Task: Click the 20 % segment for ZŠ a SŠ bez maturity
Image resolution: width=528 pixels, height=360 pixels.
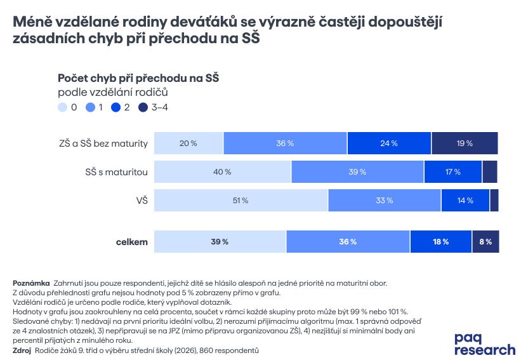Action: pyautogui.click(x=188, y=143)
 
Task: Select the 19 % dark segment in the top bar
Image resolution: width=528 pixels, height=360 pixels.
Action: pyautogui.click(x=465, y=143)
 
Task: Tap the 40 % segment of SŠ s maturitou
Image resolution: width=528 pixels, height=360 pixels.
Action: pyautogui.click(x=223, y=172)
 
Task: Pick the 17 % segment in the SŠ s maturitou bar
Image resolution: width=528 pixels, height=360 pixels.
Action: pyautogui.click(x=453, y=172)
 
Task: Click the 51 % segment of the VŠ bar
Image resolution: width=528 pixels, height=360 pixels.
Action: pyautogui.click(x=241, y=201)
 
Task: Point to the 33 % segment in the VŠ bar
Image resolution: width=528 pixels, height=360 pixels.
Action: pyautogui.click(x=385, y=201)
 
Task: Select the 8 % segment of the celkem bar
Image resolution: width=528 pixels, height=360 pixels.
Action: pyautogui.click(x=485, y=242)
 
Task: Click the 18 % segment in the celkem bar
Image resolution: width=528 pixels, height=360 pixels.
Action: pyautogui.click(x=441, y=242)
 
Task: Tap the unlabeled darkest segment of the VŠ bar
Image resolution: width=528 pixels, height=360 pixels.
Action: pyautogui.click(x=494, y=201)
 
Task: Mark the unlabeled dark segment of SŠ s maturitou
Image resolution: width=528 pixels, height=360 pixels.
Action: pyautogui.click(x=490, y=172)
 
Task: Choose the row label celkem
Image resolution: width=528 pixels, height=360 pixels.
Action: pyautogui.click(x=132, y=242)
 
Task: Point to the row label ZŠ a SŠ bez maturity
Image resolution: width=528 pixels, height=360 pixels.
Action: pyautogui.click(x=103, y=143)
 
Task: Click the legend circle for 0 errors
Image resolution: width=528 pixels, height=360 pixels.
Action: pyautogui.click(x=62, y=108)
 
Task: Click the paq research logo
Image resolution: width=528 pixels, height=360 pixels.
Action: pyautogui.click(x=485, y=343)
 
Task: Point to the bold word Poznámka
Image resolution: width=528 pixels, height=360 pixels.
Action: pyautogui.click(x=31, y=283)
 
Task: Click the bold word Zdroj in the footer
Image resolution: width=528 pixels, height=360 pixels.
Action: pyautogui.click(x=22, y=350)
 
